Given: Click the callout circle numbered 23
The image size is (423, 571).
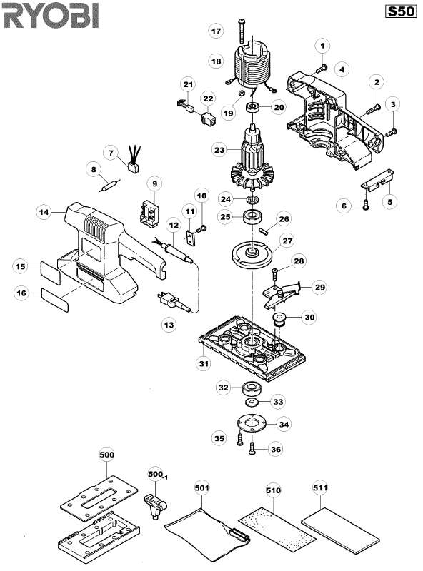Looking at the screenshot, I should pos(220,150).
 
